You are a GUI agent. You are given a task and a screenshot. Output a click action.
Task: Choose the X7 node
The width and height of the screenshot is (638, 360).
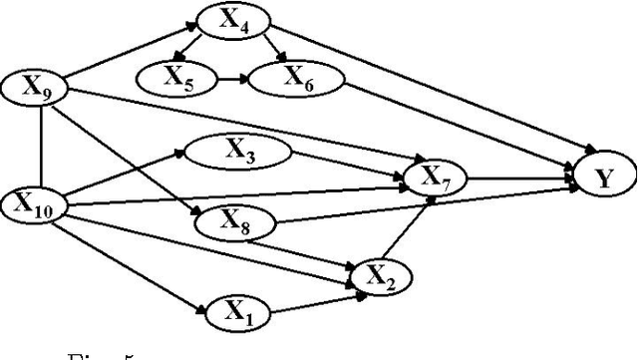coord(428,179)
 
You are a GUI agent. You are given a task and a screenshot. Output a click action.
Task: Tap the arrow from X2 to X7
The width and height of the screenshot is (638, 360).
coord(408,228)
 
